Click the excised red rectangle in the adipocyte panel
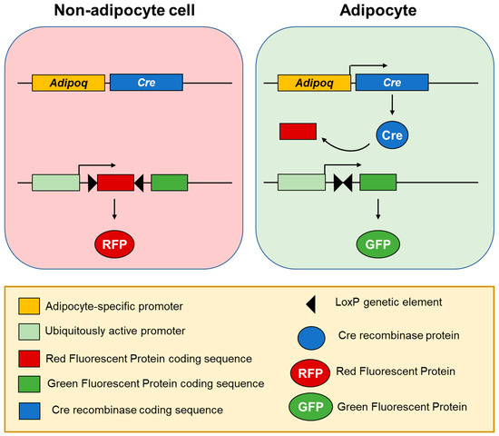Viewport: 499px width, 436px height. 298,133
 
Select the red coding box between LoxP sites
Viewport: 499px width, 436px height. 115,183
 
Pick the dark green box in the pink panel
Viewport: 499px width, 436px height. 170,183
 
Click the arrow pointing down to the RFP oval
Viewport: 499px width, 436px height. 114,212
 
